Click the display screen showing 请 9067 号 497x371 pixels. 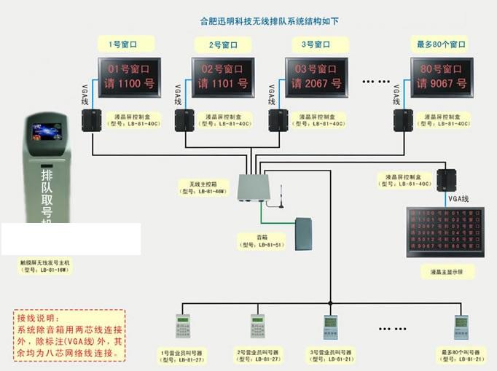(441, 77)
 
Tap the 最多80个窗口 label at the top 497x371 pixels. (441, 44)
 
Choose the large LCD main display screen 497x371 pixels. (446, 232)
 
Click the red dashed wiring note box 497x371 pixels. (69, 335)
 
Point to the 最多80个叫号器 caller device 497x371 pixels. (461, 327)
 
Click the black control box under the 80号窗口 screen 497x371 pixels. (403, 117)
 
